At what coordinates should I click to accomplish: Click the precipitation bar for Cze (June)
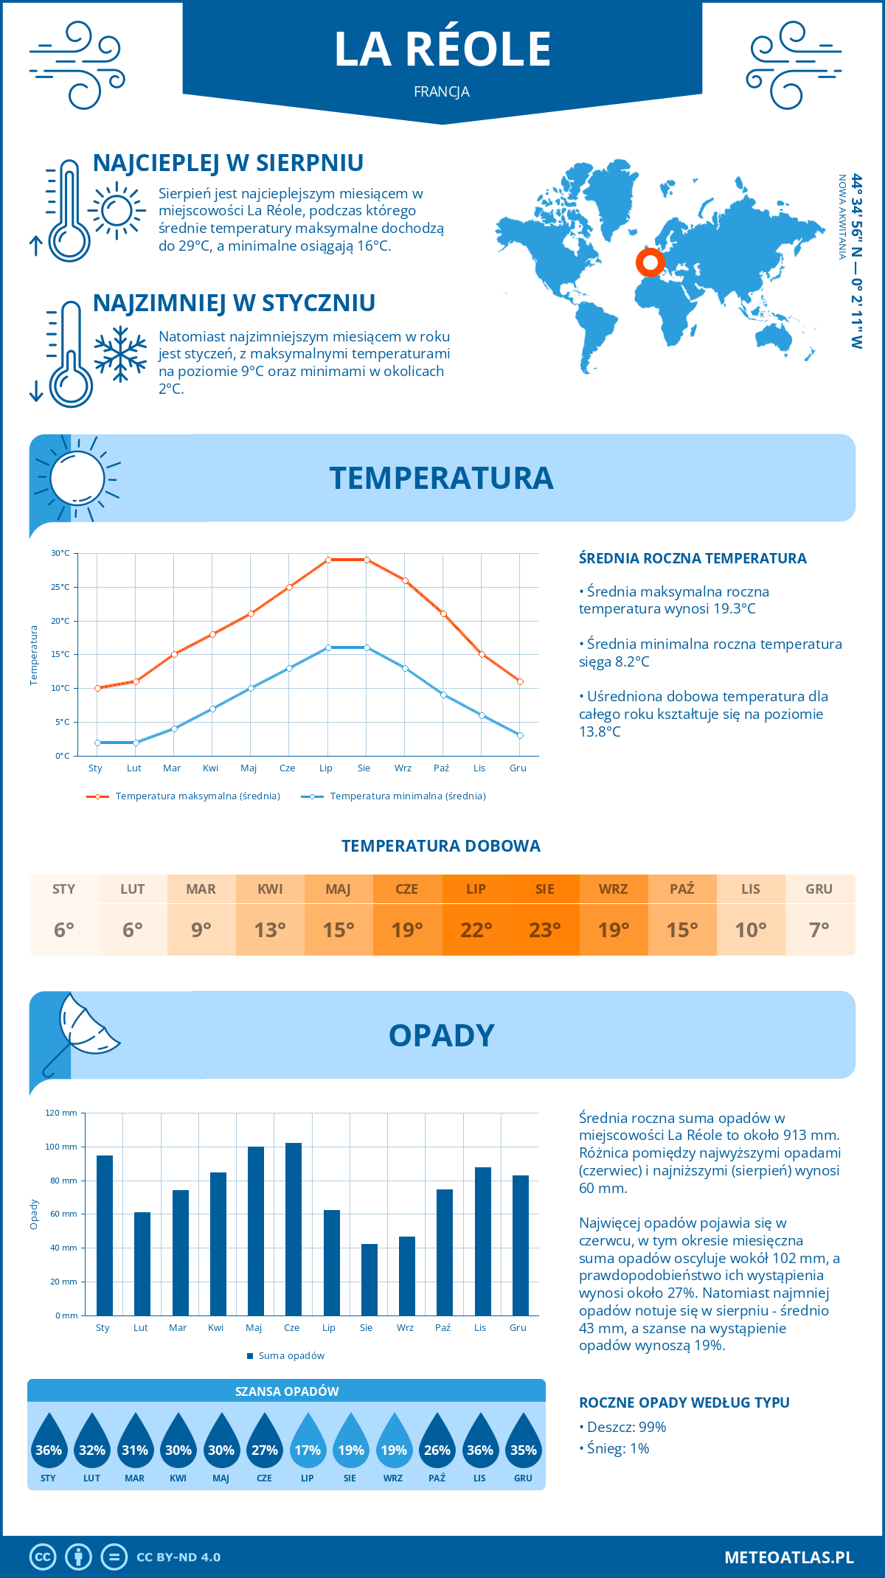(293, 1229)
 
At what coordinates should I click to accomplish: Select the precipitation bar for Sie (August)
(369, 1279)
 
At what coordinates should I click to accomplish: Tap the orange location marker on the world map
(650, 262)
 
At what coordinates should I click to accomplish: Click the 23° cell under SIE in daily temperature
(545, 930)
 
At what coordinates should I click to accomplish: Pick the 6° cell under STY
(64, 930)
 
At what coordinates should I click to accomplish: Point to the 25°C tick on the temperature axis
(60, 587)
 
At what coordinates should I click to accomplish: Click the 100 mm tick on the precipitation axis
(61, 1147)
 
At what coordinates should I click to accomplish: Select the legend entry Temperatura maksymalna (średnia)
(184, 796)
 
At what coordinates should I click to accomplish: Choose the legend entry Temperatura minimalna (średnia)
(395, 796)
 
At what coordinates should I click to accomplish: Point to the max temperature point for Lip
(328, 560)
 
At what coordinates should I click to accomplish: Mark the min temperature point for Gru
(520, 735)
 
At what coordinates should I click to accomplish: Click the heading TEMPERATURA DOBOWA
(441, 846)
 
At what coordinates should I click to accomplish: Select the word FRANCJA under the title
(442, 92)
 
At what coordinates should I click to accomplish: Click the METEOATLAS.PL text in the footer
(789, 1557)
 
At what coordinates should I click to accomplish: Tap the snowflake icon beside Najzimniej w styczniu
(120, 354)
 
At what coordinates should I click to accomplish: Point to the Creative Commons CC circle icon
(43, 1557)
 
